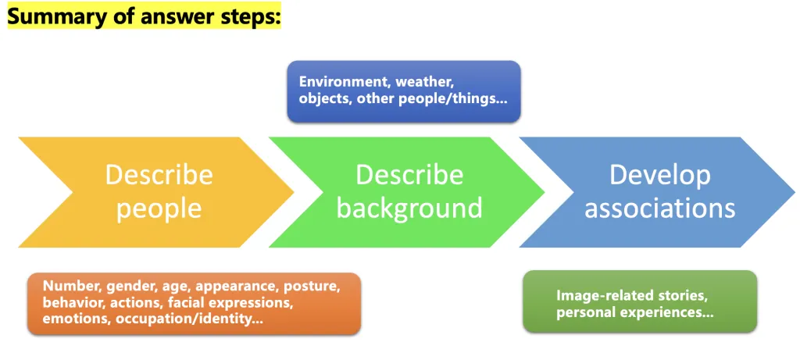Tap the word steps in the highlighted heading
(249, 17)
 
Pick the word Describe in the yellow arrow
(159, 174)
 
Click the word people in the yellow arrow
(159, 209)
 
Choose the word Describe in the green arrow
(409, 174)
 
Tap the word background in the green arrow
(409, 209)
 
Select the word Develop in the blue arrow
(659, 174)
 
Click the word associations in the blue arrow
(659, 209)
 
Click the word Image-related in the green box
(599, 296)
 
